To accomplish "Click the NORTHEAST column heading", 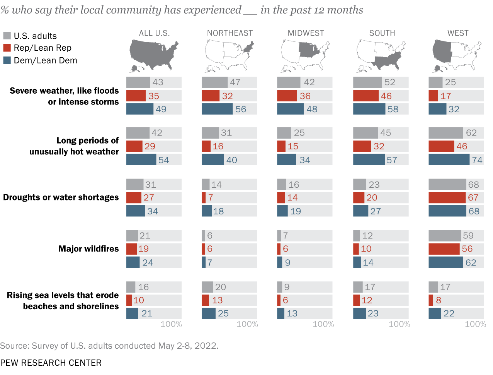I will pyautogui.click(x=230, y=33).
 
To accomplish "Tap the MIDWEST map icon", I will pyautogui.click(x=306, y=56).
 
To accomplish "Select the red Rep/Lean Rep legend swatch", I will pyautogui.click(x=7, y=48).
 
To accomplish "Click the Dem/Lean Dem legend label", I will pyautogui.click(x=45, y=60).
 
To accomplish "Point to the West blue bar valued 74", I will pyautogui.click(x=449, y=160).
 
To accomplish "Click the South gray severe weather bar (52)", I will pyautogui.click(x=367, y=82).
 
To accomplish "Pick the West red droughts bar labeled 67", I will pyautogui.click(x=447, y=198).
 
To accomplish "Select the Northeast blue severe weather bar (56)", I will pyautogui.click(x=217, y=109).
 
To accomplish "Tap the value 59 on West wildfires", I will pyautogui.click(x=468, y=236).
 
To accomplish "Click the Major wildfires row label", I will pyautogui.click(x=88, y=249).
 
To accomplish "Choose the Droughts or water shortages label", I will pyautogui.click(x=61, y=197).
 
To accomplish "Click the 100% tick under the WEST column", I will pyautogui.click(x=475, y=324).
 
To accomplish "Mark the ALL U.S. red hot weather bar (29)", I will pyautogui.click(x=134, y=146).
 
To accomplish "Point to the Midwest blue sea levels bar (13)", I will pyautogui.click(x=281, y=313).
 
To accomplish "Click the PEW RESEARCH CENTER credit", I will pyautogui.click(x=51, y=363).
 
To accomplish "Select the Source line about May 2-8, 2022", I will pyautogui.click(x=109, y=346).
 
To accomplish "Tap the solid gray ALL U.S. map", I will pyautogui.click(x=153, y=55).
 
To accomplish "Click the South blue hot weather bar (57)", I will pyautogui.click(x=369, y=160).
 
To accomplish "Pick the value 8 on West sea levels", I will pyautogui.click(x=439, y=300).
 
